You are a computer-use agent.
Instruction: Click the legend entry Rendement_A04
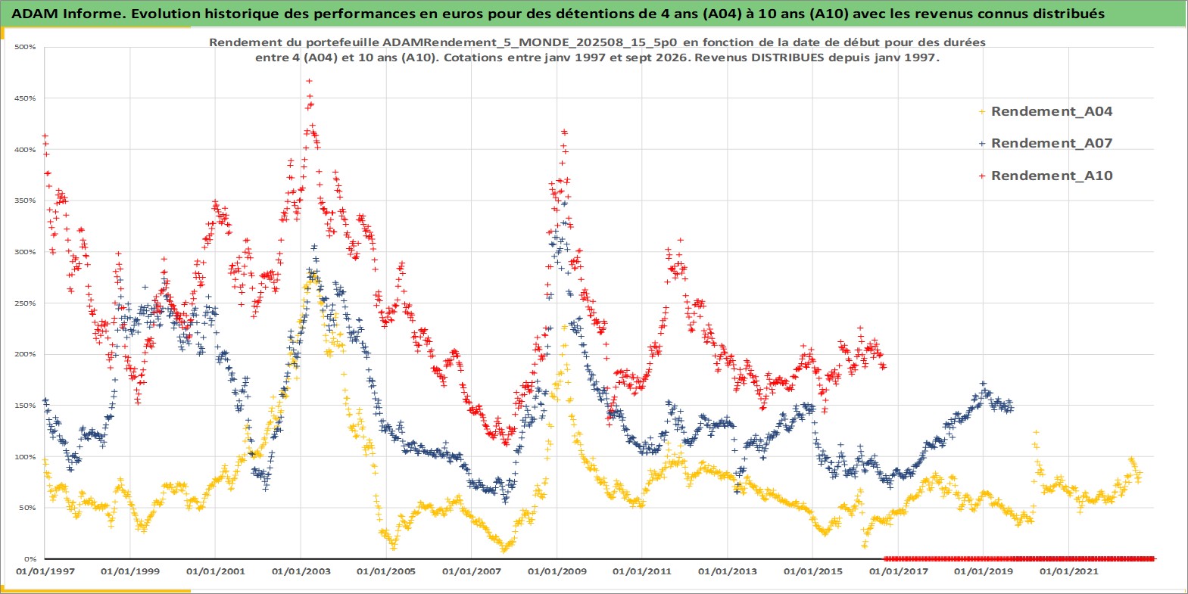1051,111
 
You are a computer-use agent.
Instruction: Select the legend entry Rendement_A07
1051,143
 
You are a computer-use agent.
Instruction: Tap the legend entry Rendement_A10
1051,176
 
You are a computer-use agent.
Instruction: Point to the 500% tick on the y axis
26,47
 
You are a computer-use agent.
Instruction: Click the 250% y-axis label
26,303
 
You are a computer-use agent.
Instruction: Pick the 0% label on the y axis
30,559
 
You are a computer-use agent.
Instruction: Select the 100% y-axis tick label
26,457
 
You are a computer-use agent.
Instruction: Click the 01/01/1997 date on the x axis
45,571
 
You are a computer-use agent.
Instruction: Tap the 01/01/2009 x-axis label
557,571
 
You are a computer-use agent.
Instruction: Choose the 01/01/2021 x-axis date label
1068,571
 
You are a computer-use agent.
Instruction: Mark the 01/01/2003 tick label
301,571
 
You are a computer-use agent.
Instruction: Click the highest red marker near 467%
309,81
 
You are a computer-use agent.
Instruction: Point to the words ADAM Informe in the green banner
67,14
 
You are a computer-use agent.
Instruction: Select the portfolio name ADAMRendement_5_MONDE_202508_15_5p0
529,42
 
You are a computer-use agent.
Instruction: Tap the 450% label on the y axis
26,98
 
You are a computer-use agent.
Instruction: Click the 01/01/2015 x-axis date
812,571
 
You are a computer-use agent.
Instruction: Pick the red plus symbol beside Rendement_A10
982,176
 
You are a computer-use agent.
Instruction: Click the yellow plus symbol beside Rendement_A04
982,112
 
